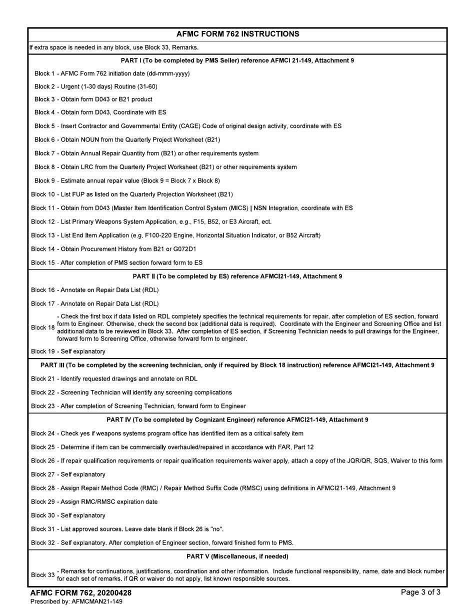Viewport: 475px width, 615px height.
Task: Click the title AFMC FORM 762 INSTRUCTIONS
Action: pos(237,34)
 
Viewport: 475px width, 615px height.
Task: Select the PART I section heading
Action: pos(237,60)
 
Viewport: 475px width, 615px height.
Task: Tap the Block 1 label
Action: pos(44,73)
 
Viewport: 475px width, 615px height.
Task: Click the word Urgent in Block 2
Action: pos(70,86)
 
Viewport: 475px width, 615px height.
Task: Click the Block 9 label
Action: pos(44,180)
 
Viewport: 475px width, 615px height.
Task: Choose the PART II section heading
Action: pos(237,276)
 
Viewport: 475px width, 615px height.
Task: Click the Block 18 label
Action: pos(42,327)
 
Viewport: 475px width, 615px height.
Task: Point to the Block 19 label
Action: pos(42,351)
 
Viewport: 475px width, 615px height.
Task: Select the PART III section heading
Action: pos(237,365)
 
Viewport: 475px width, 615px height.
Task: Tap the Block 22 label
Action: pos(42,392)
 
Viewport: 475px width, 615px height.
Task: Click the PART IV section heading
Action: pos(237,420)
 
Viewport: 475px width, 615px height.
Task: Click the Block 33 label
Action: pos(42,575)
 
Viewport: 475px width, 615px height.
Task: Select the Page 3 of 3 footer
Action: pos(420,592)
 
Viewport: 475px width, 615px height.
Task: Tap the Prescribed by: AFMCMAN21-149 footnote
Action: pos(76,601)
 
